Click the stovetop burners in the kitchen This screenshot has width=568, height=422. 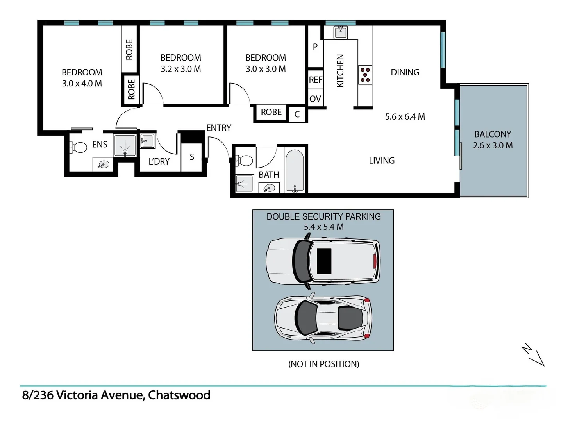pos(365,75)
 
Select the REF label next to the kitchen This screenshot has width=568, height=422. pos(316,80)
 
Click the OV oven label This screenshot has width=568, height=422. pos(315,99)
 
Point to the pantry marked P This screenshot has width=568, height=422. pos(315,47)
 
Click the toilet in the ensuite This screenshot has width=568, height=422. pos(78,147)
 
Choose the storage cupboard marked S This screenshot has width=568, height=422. pos(192,157)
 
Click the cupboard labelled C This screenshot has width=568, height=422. pos(297,114)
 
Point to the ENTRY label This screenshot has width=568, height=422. pos(219,128)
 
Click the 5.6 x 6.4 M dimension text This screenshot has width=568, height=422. pos(405,116)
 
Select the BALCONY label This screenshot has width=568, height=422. pos(492,134)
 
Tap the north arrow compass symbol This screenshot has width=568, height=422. pos(534,355)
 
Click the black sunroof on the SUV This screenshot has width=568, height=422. pos(324,261)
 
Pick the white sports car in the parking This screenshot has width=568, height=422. pos(323,317)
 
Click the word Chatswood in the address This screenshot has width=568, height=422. pos(179,395)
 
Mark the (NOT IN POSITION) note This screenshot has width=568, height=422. pos(323,364)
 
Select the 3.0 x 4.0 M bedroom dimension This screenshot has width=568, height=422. pos(82,83)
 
